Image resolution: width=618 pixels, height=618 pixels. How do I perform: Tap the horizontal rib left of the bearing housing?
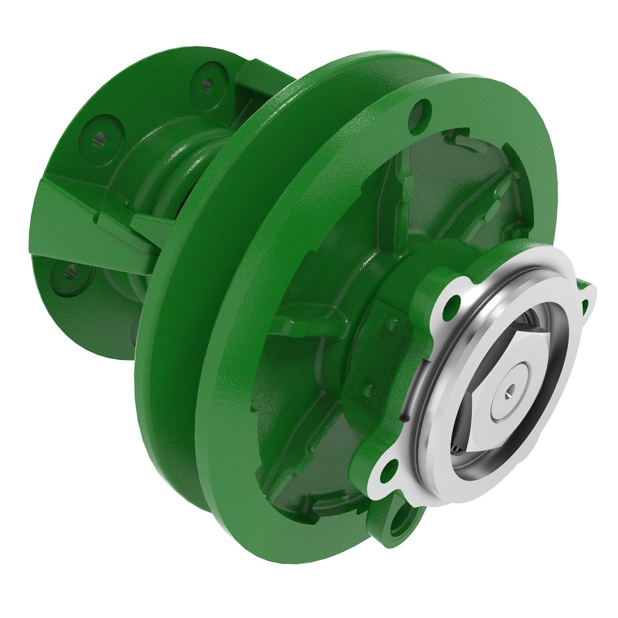304,324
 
